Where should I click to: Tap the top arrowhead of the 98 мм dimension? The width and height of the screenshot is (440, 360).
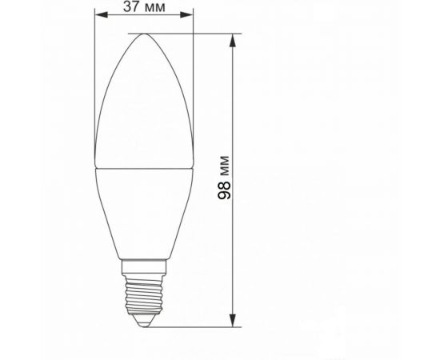tap(234, 38)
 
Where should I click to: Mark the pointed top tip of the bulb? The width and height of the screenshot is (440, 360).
tap(145, 34)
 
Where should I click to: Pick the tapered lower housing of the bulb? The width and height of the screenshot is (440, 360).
tap(145, 212)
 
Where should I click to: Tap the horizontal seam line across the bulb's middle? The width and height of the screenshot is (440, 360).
tap(145, 170)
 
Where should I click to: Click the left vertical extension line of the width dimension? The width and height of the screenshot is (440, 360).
tap(94, 80)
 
